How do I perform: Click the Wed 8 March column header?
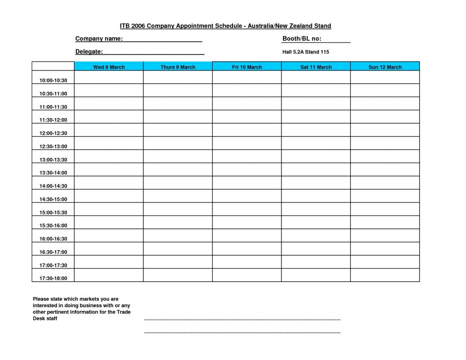pos(109,67)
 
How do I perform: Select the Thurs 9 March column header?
pos(178,67)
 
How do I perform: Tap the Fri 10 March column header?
pos(247,67)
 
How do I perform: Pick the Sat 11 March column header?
pos(316,67)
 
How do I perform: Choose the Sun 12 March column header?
pos(385,67)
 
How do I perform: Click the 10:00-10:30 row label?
pos(53,81)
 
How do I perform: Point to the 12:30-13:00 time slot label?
pos(53,147)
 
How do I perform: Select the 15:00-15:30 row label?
pos(53,213)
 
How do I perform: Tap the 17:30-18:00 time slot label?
pos(53,278)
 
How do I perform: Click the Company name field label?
pos(99,39)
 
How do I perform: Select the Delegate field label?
pos(89,52)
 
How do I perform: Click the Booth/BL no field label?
pos(302,39)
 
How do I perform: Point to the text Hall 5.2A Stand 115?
pos(305,52)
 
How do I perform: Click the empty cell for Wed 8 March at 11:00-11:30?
pos(109,104)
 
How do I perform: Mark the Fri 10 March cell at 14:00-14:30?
pos(247,183)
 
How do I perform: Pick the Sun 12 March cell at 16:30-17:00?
pos(385,249)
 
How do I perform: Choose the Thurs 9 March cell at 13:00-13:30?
pos(178,157)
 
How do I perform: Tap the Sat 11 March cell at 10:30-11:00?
pos(316,91)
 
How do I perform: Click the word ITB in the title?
pos(125,26)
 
